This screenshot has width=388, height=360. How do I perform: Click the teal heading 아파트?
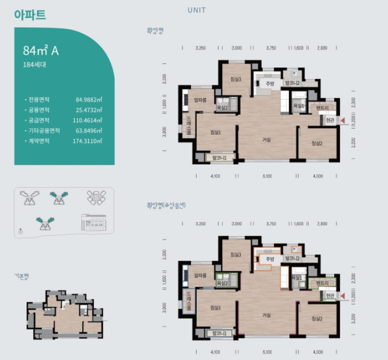(x=30, y=15)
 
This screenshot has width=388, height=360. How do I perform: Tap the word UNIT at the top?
(x=196, y=10)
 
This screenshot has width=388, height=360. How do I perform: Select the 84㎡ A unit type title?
(x=41, y=51)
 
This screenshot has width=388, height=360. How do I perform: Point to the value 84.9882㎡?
(x=89, y=100)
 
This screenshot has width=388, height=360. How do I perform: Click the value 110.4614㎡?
(x=88, y=120)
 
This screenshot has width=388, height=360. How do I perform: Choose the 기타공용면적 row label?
(x=42, y=130)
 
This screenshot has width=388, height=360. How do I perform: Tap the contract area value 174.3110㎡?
(x=88, y=140)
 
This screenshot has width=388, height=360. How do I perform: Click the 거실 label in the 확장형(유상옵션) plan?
(x=266, y=315)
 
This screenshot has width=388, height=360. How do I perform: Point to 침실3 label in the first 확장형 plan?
(x=236, y=79)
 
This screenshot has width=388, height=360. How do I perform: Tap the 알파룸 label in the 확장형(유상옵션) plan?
(x=199, y=276)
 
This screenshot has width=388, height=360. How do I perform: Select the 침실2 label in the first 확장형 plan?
(x=317, y=143)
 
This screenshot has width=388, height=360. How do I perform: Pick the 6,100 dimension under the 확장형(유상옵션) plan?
(x=267, y=352)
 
